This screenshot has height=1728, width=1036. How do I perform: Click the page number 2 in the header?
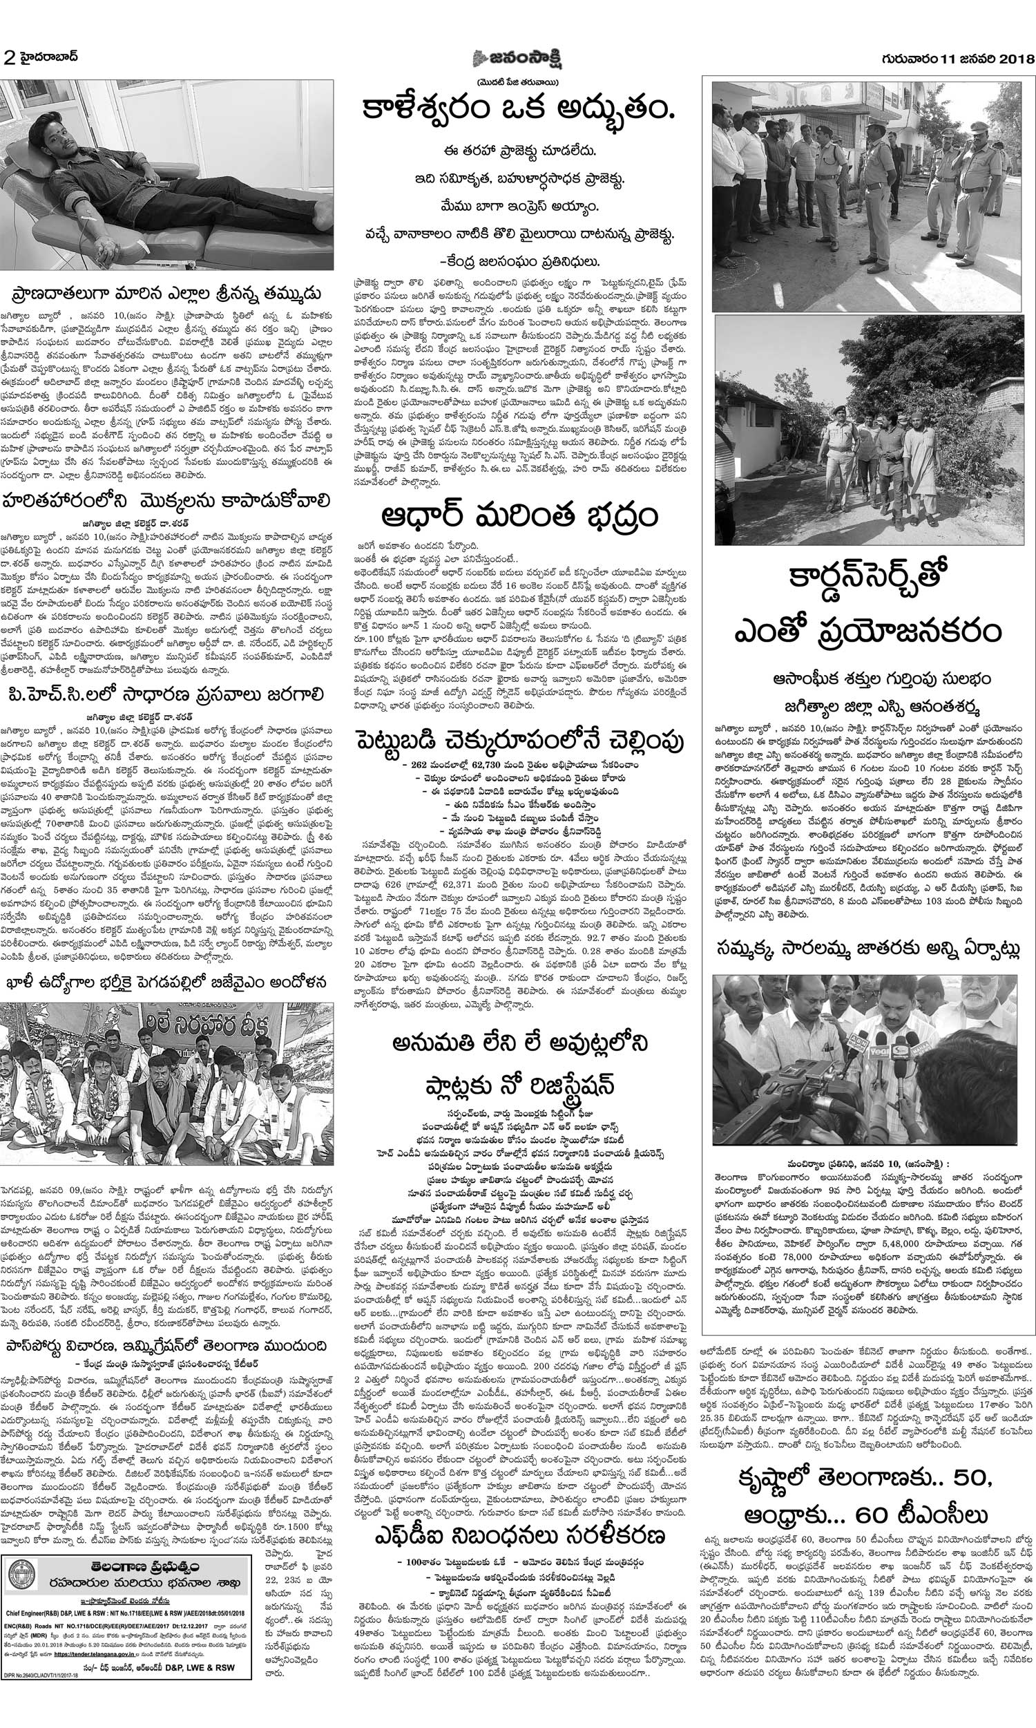[x=9, y=57]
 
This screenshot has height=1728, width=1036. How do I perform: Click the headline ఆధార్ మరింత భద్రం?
[x=519, y=518]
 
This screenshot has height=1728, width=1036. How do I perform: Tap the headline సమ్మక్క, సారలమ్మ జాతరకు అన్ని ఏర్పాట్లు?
[x=868, y=950]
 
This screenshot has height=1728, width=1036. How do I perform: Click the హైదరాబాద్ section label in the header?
[x=48, y=57]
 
